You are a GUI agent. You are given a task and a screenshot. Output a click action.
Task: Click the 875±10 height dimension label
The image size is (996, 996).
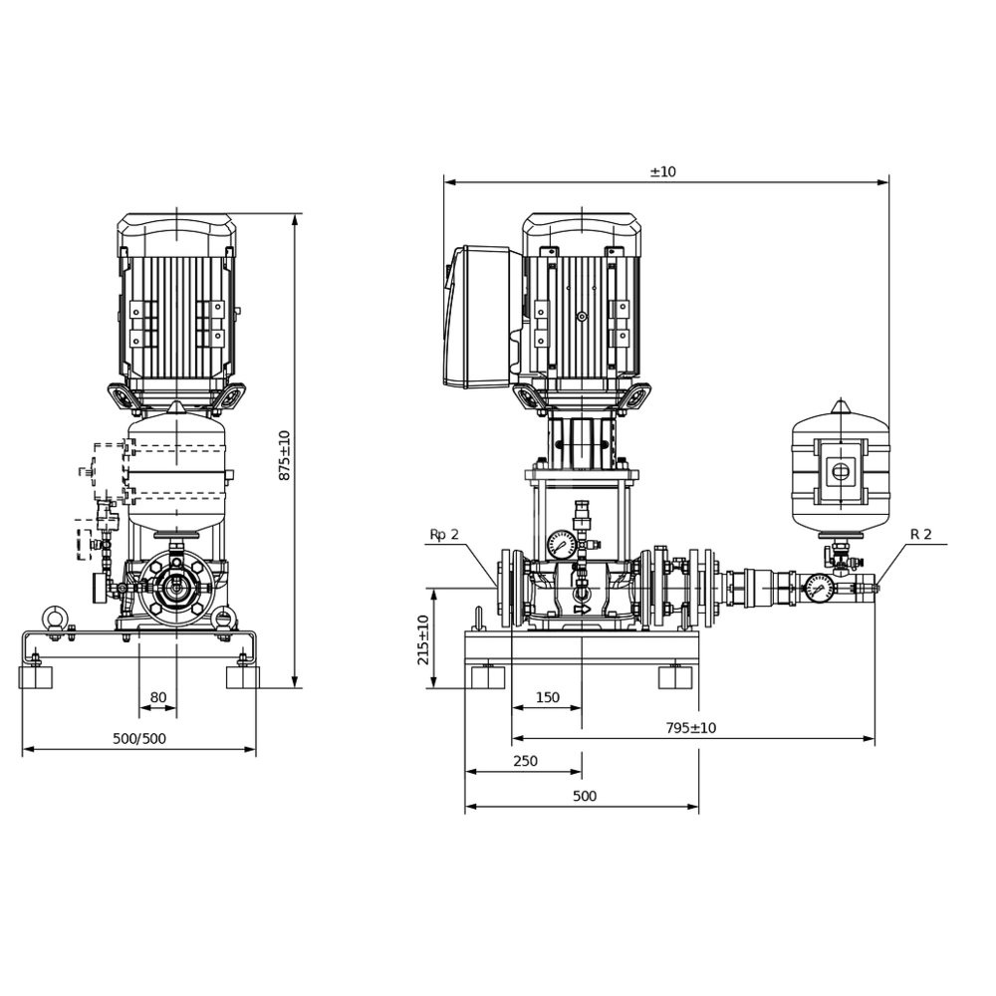(284, 455)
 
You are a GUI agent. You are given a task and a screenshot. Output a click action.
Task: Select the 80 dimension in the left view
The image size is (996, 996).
(158, 697)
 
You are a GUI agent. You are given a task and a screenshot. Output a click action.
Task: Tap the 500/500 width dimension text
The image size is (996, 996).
(139, 738)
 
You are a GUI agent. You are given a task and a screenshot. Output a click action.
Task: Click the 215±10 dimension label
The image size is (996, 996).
(423, 639)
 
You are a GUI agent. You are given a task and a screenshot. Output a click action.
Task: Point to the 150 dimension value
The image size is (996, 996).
(548, 697)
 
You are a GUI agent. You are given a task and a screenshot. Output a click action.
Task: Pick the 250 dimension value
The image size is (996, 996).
(525, 761)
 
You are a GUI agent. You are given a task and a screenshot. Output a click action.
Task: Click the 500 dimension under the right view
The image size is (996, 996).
(585, 796)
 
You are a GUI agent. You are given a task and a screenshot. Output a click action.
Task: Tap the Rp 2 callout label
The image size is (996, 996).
(444, 535)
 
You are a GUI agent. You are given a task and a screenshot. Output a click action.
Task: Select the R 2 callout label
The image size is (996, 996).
(920, 534)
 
